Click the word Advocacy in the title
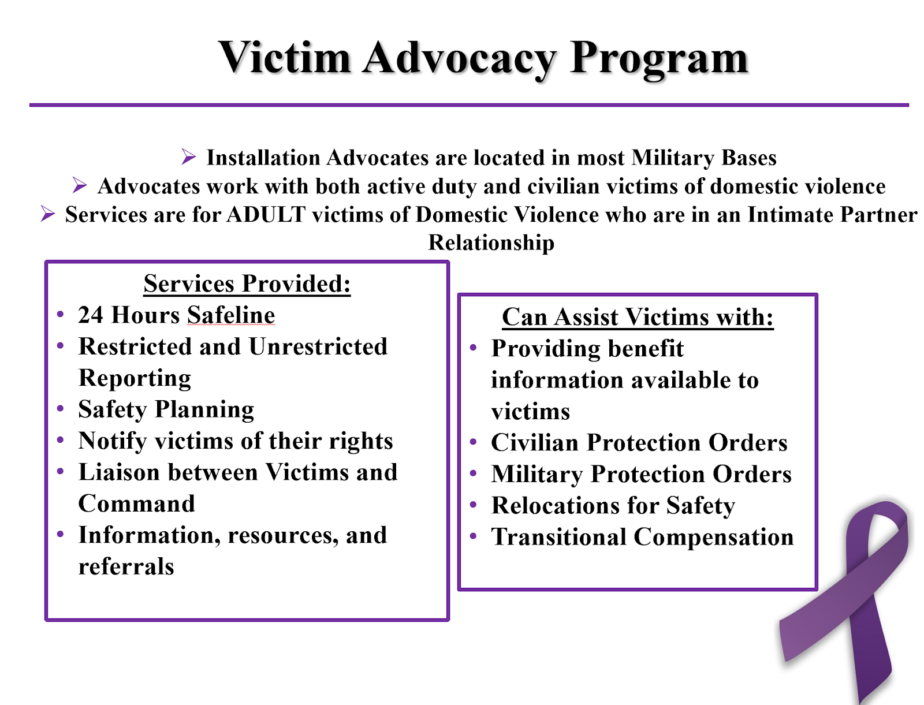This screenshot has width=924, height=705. pos(459,58)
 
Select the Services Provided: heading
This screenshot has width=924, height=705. pos(247,284)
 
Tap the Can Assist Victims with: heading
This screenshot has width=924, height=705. pos(637,317)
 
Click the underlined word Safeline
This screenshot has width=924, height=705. pos(230,315)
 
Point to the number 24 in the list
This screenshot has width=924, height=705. pos(91,315)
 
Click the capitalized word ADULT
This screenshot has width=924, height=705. pos(266,215)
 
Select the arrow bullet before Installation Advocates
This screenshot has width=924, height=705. pos(188,157)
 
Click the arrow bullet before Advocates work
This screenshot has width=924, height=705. pos(80,186)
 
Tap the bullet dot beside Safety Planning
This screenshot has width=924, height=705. pos(61,409)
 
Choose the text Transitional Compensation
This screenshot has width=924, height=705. pos(642,537)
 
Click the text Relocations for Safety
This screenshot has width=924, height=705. pos(613,506)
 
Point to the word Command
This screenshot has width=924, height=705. pos(137,503)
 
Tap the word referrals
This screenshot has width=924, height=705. pos(126,566)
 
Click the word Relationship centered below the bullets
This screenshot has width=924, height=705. pos(491,243)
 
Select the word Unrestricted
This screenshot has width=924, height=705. pos(318,346)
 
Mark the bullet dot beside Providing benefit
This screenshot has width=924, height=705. pos(474,348)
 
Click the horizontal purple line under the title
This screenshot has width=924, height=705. pos(469,105)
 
